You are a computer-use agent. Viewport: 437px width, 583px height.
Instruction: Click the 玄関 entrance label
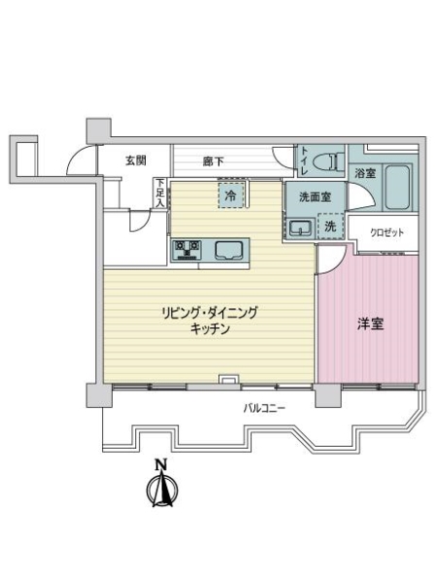pyautogui.click(x=135, y=160)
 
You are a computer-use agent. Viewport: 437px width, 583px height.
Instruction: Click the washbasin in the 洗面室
pyautogui.click(x=300, y=228)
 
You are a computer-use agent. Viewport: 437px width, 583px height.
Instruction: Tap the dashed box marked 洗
pyautogui.click(x=330, y=227)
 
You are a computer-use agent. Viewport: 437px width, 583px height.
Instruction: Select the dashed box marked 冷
pyautogui.click(x=230, y=195)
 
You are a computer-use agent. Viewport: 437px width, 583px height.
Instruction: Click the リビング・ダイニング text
pyautogui.click(x=210, y=313)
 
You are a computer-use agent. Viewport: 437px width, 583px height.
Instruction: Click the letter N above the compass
pyautogui.click(x=162, y=463)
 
